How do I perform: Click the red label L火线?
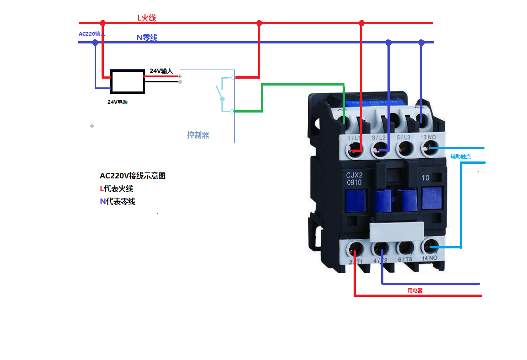point(147,18)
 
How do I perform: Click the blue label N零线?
point(147,38)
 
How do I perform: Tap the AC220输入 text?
point(91,34)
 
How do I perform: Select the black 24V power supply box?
point(128,82)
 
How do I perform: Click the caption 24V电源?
point(118,102)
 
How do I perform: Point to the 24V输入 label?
point(161,71)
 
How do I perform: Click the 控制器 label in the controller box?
point(198,135)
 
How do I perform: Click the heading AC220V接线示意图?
point(133,176)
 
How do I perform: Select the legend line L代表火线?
point(116,188)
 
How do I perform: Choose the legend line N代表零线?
point(118,201)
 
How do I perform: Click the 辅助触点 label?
point(461,156)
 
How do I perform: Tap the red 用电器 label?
point(415,290)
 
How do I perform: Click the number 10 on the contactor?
point(425,178)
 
